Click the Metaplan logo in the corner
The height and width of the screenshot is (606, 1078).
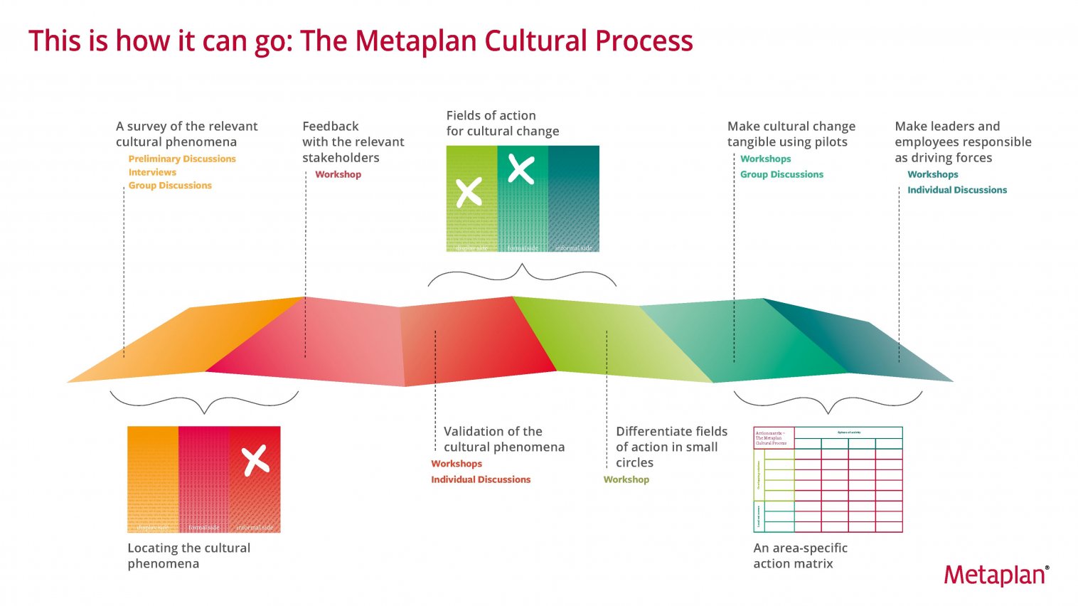tap(996, 575)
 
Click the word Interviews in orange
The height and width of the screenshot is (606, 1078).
tap(152, 172)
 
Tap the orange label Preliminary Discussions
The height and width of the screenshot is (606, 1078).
tap(182, 159)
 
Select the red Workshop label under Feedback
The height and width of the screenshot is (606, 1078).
tap(338, 174)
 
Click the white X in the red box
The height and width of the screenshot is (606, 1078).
tap(255, 460)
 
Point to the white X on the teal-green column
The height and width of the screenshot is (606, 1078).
tap(521, 170)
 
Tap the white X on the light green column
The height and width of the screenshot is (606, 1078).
tap(469, 192)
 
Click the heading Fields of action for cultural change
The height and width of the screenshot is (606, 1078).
tap(502, 123)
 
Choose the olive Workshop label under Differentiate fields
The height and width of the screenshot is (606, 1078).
tap(626, 479)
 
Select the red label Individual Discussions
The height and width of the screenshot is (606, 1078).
tap(481, 479)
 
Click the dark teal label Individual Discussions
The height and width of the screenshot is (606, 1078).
tap(956, 190)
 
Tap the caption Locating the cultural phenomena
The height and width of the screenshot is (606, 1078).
tap(188, 555)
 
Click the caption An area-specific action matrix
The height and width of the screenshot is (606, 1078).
tap(800, 555)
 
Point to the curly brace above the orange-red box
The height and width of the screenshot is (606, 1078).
tap(204, 403)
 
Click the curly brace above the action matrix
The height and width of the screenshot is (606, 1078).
tap(828, 403)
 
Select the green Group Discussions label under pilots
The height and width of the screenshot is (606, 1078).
tap(781, 174)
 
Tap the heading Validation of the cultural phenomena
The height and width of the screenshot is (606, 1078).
tap(503, 439)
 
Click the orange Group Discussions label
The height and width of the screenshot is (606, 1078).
tap(170, 186)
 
